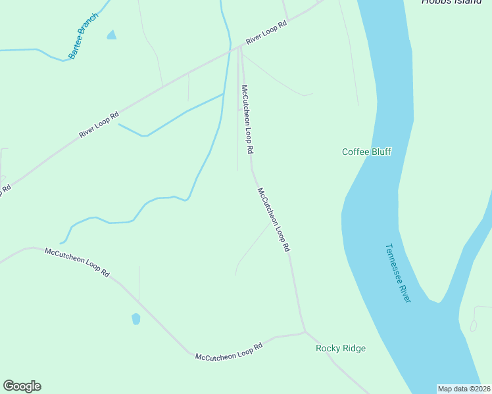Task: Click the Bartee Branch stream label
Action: (83, 36)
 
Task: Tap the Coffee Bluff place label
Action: (366, 152)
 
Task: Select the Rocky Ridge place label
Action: (340, 348)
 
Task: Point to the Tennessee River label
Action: (398, 273)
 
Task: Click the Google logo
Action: (22, 386)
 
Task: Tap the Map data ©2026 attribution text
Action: (464, 389)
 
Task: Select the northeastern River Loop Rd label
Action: (266, 33)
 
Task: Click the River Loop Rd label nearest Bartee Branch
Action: (99, 123)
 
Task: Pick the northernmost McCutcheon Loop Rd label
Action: (247, 119)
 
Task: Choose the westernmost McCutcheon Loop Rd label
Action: (76, 261)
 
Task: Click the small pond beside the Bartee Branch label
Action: (111, 35)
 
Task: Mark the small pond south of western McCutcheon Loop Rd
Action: (136, 319)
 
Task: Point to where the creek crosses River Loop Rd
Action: (230, 49)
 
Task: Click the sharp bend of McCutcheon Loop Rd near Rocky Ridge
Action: (304, 332)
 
